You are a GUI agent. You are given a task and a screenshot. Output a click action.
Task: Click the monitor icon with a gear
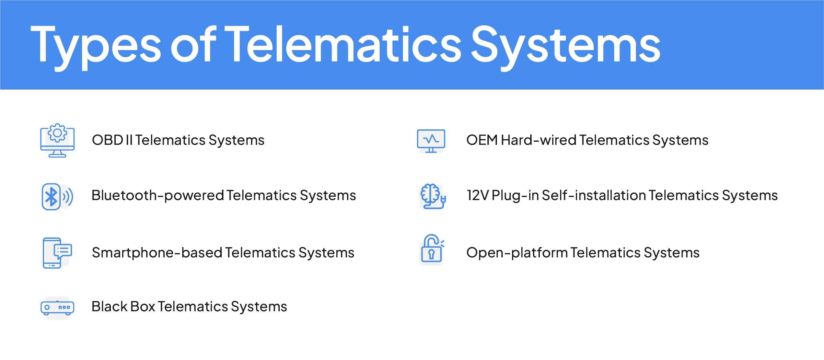point(57,140)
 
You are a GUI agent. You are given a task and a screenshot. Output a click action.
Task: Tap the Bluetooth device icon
point(57,196)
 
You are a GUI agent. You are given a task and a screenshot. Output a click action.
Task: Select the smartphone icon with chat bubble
point(57,253)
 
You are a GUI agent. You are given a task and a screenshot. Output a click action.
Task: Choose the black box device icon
point(57,307)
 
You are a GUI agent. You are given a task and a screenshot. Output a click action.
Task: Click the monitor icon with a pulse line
point(431,141)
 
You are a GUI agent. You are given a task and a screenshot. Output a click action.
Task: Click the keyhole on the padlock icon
point(431,254)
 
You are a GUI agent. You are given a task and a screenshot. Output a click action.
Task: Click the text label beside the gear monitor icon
point(178,140)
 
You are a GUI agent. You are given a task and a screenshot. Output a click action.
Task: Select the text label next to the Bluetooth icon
point(223,196)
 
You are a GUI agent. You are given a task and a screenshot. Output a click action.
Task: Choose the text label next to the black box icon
point(189,306)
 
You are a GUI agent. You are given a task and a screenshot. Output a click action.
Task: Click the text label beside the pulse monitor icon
point(587,140)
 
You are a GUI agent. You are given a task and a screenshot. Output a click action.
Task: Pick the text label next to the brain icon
point(623,196)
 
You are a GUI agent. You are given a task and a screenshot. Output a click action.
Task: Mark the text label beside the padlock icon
point(583,253)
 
